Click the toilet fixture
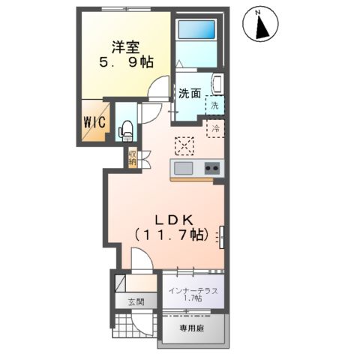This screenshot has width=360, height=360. click(125, 129)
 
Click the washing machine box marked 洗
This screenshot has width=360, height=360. click(215, 106)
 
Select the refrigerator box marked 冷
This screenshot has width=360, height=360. click(215, 129)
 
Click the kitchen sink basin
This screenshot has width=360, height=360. click(183, 167)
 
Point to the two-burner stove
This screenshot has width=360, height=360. click(211, 168)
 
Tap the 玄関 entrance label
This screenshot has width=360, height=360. click(134, 302)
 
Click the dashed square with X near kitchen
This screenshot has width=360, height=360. click(183, 144)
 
